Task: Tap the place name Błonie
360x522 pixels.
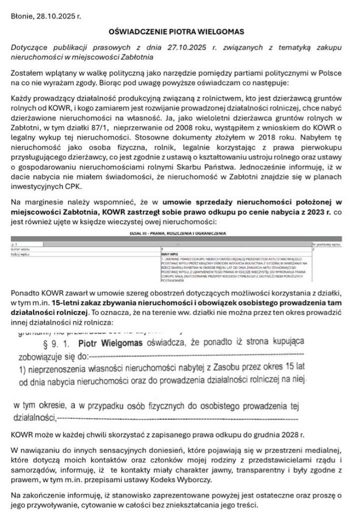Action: pyautogui.click(x=22, y=16)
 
